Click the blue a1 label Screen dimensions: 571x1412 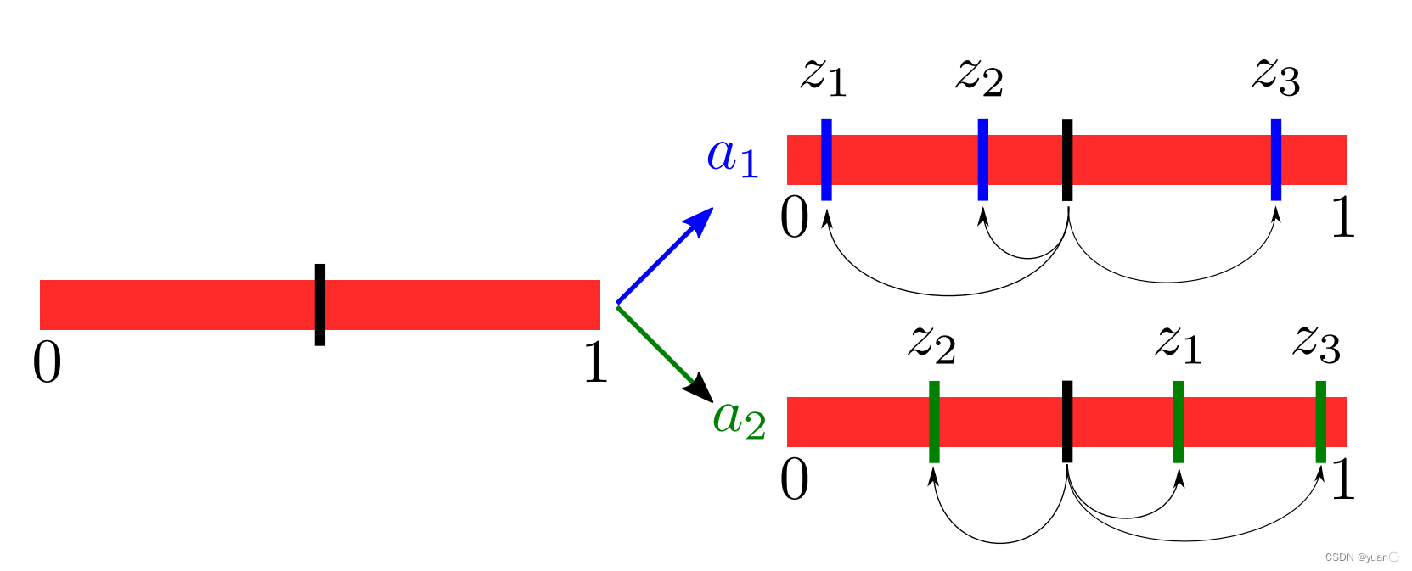tap(732, 157)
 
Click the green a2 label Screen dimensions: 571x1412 tap(740, 418)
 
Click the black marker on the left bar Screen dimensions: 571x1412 tap(320, 305)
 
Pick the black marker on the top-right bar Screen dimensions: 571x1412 tap(1067, 160)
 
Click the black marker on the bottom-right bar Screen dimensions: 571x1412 tap(1067, 422)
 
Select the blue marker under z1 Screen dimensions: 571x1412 tap(826, 160)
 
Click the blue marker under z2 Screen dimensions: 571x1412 tap(982, 160)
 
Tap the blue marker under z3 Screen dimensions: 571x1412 tap(1275, 160)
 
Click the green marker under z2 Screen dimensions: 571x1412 tap(934, 422)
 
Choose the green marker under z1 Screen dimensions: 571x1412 tap(1179, 422)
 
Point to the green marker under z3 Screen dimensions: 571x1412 tap(1320, 422)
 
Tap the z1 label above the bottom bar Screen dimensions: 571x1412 tap(1179, 344)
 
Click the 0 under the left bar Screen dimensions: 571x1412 tap(48, 364)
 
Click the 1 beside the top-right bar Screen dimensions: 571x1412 tap(1342, 217)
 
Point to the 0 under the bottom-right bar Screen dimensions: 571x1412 tap(795, 480)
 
